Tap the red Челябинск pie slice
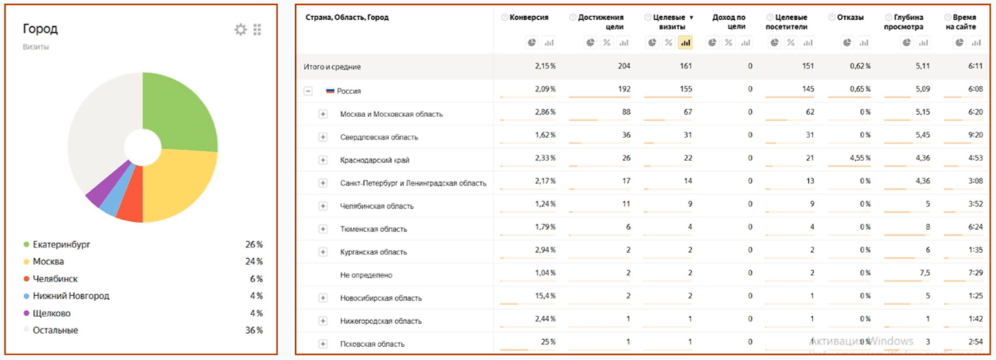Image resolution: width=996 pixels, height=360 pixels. click(132, 207)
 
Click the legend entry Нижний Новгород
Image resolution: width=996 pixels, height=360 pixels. click(70, 296)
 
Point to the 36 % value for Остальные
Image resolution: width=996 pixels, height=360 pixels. click(254, 331)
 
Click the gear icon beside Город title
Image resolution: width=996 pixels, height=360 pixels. click(241, 29)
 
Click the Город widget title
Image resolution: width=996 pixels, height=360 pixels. click(40, 29)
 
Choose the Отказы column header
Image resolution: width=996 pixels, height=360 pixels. click(850, 17)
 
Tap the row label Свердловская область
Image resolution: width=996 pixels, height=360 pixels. click(379, 137)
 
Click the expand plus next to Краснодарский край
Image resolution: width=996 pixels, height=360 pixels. click(323, 160)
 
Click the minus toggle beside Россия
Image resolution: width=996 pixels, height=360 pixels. click(308, 91)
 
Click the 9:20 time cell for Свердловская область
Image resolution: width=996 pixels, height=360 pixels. click(974, 137)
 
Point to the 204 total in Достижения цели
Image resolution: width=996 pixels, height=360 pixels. click(624, 67)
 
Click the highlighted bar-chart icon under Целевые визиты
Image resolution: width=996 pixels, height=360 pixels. click(685, 43)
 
